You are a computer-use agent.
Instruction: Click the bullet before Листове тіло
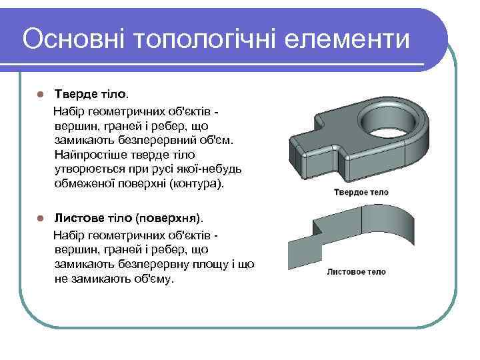coord(41,219)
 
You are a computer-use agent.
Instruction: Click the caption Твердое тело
coord(361,193)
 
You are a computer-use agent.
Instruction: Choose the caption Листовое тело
coord(357,272)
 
